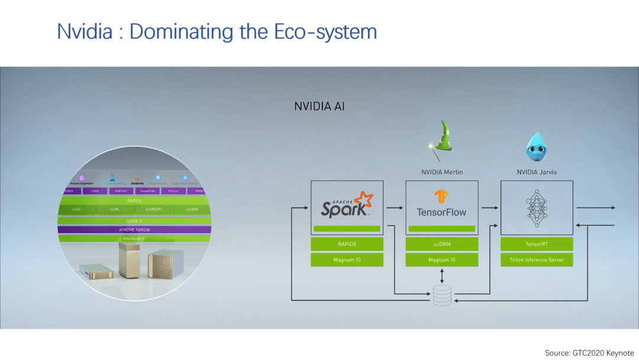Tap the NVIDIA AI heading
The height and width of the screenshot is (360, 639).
(x=319, y=107)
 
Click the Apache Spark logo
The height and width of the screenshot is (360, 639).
(x=347, y=204)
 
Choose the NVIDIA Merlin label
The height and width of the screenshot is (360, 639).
(x=442, y=172)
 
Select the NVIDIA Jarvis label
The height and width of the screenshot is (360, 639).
(x=537, y=172)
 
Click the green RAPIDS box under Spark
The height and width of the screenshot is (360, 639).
(x=347, y=244)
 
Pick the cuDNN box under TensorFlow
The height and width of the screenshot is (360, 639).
(x=441, y=244)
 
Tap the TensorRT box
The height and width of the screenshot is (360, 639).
(x=537, y=244)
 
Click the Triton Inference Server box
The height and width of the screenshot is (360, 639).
(x=537, y=259)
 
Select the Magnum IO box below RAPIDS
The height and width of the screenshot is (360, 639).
(x=347, y=259)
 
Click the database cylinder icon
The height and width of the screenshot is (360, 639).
(x=441, y=295)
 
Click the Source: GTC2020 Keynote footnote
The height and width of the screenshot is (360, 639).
(x=589, y=352)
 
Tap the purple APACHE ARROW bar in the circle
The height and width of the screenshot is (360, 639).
(x=134, y=230)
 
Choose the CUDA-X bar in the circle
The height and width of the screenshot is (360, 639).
(x=134, y=220)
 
